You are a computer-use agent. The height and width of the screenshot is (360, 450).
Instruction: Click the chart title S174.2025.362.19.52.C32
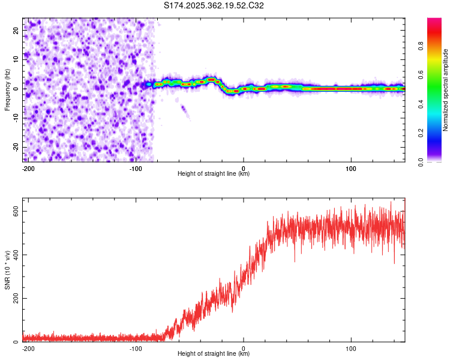click(214, 6)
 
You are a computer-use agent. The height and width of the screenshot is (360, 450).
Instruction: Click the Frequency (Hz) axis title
click(8, 89)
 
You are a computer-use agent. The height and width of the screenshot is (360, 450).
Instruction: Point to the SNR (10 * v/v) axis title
click(8, 273)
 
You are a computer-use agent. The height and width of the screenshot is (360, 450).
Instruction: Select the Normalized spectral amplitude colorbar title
click(446, 90)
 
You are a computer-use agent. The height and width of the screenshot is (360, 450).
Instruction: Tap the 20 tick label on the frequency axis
click(16, 31)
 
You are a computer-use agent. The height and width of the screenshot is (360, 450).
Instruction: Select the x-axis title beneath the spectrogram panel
click(214, 174)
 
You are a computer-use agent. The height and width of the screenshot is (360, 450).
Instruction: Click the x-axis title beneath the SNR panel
click(214, 354)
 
